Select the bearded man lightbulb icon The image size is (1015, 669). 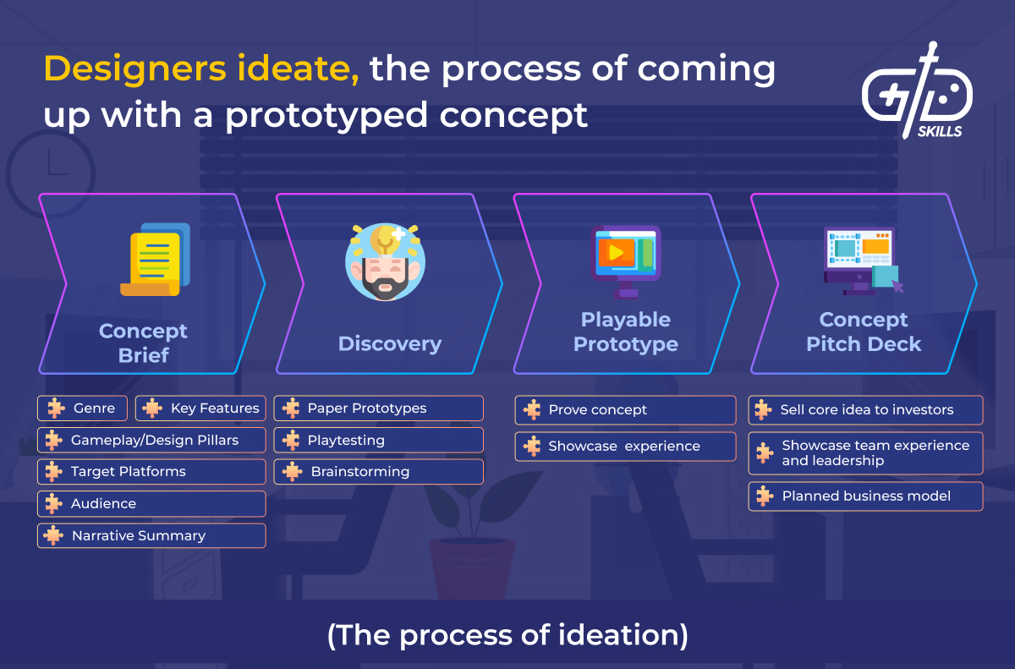[385, 262]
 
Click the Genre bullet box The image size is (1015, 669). [83, 409]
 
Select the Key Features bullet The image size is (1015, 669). [200, 409]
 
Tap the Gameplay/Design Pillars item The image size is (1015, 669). [151, 440]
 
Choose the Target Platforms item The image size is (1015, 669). [151, 472]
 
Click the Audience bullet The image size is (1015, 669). [151, 504]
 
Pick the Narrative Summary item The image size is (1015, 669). [151, 536]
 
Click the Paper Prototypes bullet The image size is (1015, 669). [378, 409]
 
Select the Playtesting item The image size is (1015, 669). [378, 441]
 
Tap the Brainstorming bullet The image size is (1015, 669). [378, 472]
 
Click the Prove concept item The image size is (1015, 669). [625, 410]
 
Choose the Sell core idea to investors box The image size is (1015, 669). [865, 410]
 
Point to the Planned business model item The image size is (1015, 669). [865, 496]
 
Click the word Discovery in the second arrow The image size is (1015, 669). [389, 344]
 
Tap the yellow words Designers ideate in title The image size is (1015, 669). [201, 70]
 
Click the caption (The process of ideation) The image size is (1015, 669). [507, 635]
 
